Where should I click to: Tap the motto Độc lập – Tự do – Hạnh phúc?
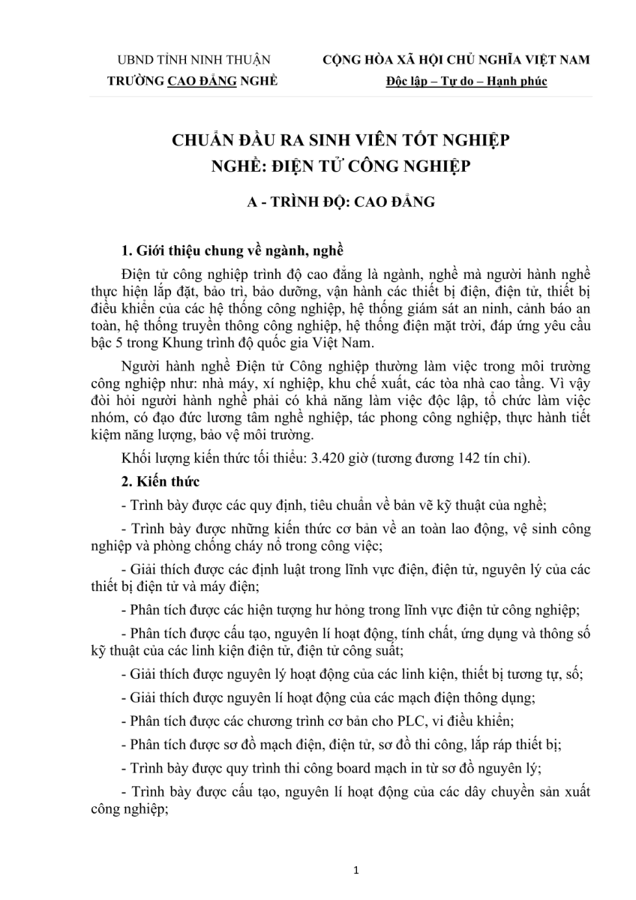tap(466, 81)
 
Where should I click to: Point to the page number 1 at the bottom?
tap(357, 871)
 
